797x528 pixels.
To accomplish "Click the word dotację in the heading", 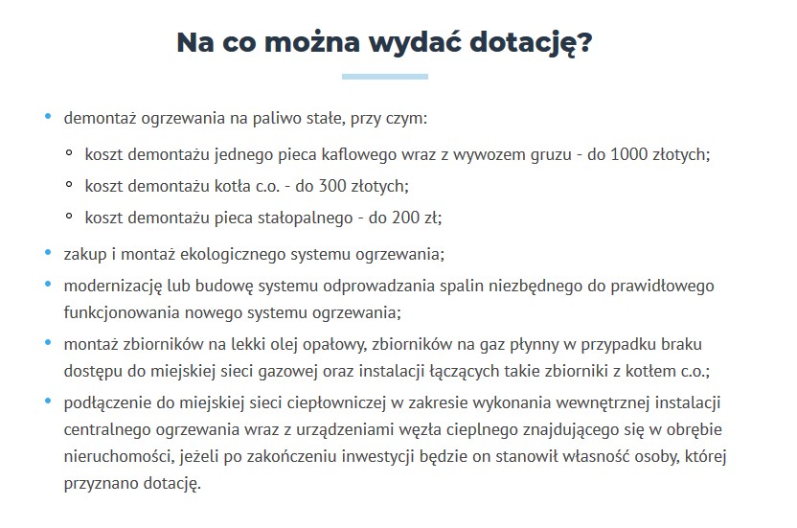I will tap(518, 44).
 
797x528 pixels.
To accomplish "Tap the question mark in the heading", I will tap(583, 42).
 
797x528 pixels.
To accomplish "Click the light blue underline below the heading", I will tap(384, 77).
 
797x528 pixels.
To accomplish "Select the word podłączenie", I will tap(104, 400).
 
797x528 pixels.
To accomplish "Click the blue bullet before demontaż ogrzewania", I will tap(49, 118).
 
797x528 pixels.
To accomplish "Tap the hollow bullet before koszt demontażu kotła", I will tap(69, 185).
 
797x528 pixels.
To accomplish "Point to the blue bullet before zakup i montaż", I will tap(49, 253).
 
